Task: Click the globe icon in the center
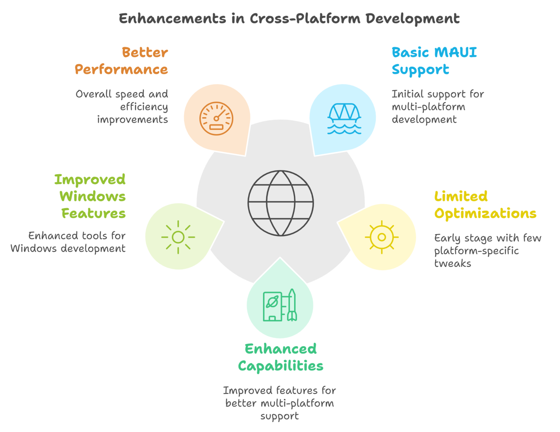point(280,203)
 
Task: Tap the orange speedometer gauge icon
point(216,119)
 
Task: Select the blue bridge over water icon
point(344,119)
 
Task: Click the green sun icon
point(178,237)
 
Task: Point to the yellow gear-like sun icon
point(382,237)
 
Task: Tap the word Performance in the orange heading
point(121,69)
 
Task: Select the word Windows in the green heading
point(93,197)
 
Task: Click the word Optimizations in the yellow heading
point(485,214)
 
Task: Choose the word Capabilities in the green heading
point(280,366)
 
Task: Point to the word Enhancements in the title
point(172,19)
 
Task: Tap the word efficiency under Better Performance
point(144,107)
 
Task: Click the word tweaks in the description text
point(452,263)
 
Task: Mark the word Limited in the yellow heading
point(461,197)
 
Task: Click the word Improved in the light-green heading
point(90,179)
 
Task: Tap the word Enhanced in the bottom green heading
point(280,349)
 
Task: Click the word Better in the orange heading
point(145,52)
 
